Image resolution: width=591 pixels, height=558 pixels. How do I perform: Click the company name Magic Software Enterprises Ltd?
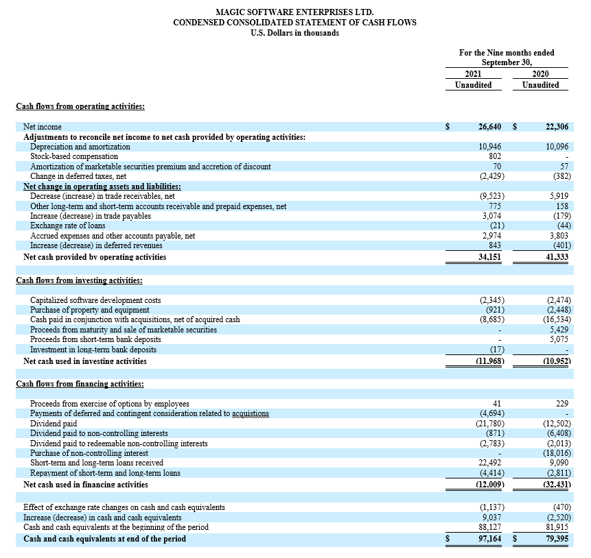(294, 12)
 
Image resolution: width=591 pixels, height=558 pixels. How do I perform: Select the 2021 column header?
(473, 74)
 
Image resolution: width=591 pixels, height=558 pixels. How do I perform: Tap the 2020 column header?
(540, 74)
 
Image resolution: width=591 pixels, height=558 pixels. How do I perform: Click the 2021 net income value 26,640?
(489, 127)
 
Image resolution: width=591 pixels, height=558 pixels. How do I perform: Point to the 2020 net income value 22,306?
(557, 127)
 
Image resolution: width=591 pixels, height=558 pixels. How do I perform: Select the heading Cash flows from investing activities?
(79, 280)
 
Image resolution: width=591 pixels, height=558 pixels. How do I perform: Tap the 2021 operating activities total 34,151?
(489, 257)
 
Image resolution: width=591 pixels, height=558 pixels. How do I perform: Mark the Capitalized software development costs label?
(95, 300)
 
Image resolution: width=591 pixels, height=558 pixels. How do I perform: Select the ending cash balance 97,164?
(489, 539)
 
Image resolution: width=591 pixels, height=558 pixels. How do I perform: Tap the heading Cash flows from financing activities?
(80, 384)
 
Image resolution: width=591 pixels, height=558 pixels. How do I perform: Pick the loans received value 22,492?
(491, 463)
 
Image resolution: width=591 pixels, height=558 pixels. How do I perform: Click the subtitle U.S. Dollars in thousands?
(294, 33)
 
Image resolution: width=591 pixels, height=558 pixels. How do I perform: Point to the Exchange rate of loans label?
(67, 226)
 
